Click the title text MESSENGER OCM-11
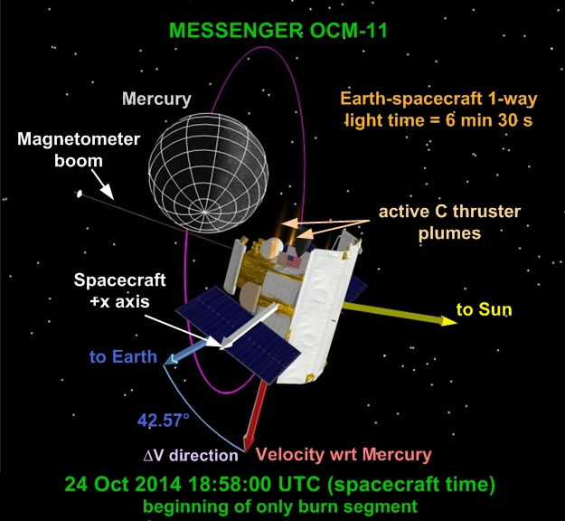click(x=278, y=30)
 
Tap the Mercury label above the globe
click(x=156, y=99)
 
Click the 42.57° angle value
click(x=164, y=420)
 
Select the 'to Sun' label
click(x=484, y=309)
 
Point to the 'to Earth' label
click(x=123, y=357)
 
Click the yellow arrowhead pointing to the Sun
click(x=448, y=320)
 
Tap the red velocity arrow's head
click(x=249, y=442)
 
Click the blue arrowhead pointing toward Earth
click(x=170, y=359)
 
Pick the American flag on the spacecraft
click(x=293, y=261)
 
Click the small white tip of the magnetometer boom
click(x=80, y=194)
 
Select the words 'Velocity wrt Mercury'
click(x=344, y=455)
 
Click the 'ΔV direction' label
click(x=191, y=456)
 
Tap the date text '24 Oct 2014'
click(x=123, y=484)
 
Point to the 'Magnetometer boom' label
click(x=79, y=149)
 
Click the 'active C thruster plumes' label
click(x=449, y=223)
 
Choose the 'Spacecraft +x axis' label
click(x=119, y=290)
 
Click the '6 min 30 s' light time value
click(x=489, y=120)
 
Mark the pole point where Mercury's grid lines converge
click(x=204, y=213)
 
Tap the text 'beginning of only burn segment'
click(x=280, y=507)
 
